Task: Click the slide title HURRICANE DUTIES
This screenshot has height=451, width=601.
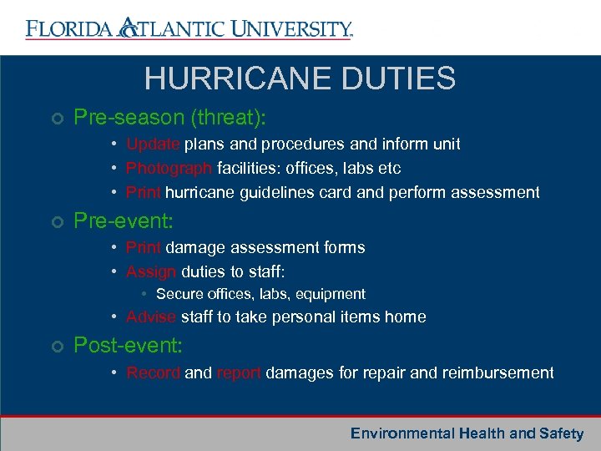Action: point(300,79)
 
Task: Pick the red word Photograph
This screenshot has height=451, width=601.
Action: point(169,168)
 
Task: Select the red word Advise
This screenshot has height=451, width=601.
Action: point(151,317)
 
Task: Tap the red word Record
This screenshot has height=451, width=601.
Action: point(153,372)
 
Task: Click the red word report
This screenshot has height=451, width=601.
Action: point(239,372)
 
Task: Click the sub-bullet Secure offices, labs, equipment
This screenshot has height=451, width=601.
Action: point(260,294)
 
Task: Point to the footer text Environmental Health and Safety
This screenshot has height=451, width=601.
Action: point(467,433)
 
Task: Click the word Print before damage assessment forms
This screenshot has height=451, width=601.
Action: point(144,247)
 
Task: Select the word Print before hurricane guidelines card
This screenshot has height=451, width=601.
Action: point(144,192)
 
